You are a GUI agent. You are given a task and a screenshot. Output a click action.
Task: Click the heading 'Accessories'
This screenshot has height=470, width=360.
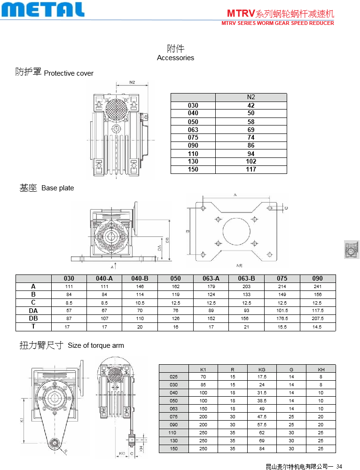(175, 58)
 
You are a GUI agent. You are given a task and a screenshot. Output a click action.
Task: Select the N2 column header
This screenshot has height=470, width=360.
(251, 97)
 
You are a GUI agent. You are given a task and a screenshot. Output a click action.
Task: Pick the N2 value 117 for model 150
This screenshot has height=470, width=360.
(251, 169)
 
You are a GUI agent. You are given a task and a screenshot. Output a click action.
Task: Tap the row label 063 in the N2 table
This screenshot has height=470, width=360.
(193, 129)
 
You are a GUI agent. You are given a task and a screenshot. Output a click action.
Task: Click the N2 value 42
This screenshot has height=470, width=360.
(251, 105)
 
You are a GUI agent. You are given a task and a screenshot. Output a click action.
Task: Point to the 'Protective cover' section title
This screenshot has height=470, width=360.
(69, 73)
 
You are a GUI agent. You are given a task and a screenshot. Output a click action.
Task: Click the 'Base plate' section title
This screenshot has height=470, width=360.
(57, 188)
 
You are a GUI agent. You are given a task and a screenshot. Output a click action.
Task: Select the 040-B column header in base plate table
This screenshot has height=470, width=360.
(140, 278)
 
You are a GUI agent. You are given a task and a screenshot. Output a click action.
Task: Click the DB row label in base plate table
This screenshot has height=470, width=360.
(33, 318)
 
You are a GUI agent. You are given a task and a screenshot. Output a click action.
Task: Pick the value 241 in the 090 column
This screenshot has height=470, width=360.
(318, 286)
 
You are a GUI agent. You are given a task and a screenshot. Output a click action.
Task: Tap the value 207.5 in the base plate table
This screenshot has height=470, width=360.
(318, 318)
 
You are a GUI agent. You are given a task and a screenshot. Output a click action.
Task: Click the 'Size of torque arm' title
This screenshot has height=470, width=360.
(96, 345)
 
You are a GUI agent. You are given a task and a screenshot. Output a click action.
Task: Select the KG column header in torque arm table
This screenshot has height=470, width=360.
(262, 369)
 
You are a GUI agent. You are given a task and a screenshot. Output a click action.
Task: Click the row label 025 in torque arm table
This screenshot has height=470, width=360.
(174, 377)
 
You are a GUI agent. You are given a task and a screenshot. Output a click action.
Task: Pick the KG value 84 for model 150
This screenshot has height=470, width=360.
(262, 449)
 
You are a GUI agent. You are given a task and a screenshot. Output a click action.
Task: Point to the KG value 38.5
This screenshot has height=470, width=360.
(262, 401)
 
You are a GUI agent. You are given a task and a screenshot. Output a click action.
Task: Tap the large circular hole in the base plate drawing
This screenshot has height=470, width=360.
(236, 231)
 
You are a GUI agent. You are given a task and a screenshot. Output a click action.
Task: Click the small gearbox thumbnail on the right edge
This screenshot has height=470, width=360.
(351, 249)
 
